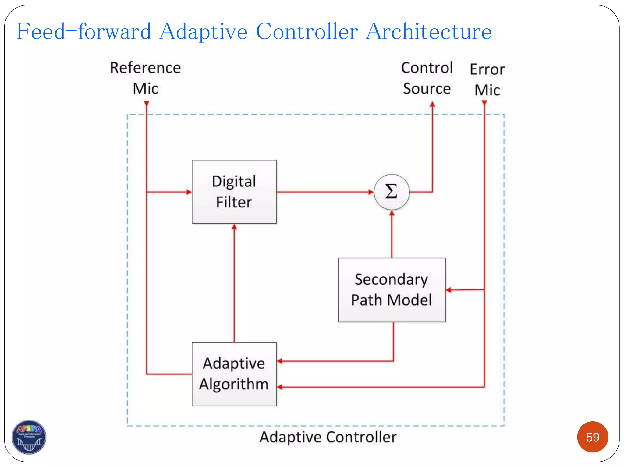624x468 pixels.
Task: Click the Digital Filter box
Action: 234,192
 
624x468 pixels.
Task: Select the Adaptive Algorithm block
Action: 234,374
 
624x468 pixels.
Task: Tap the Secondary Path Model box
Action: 392,290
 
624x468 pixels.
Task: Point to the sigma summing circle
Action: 392,192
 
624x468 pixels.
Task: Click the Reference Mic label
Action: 145,78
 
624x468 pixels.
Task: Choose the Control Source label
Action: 427,78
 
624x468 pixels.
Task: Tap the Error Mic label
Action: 487,80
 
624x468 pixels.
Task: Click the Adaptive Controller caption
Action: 328,437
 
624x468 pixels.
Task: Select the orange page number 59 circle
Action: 592,437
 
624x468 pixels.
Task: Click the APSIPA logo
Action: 29,437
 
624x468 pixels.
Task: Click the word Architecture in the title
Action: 429,31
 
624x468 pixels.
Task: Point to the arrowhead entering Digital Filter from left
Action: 189,192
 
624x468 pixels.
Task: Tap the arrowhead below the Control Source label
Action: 432,105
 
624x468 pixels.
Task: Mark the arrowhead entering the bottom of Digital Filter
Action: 234,227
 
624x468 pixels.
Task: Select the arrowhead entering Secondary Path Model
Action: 449,290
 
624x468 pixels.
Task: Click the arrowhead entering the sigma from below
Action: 392,213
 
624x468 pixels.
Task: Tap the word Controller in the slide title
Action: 307,31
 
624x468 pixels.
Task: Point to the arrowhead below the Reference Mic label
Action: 147,104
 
